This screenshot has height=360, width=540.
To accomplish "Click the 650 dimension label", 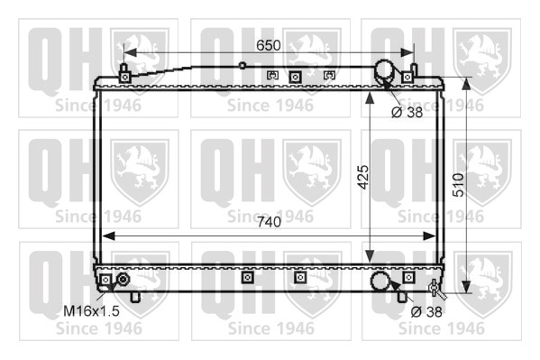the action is click(x=269, y=45).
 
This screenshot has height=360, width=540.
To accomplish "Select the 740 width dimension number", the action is click(x=269, y=222).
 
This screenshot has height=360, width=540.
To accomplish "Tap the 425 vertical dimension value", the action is click(x=363, y=178).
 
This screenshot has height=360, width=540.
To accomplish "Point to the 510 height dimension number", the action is click(x=458, y=185).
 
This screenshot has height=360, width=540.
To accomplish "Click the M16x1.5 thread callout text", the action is click(x=91, y=311).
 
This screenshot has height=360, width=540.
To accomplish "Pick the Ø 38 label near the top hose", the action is click(x=407, y=112).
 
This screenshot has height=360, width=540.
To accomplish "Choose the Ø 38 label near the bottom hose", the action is click(x=426, y=311).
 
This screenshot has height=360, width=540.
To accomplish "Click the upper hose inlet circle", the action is click(x=385, y=70).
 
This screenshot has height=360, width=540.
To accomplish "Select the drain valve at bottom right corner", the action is click(x=436, y=289).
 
